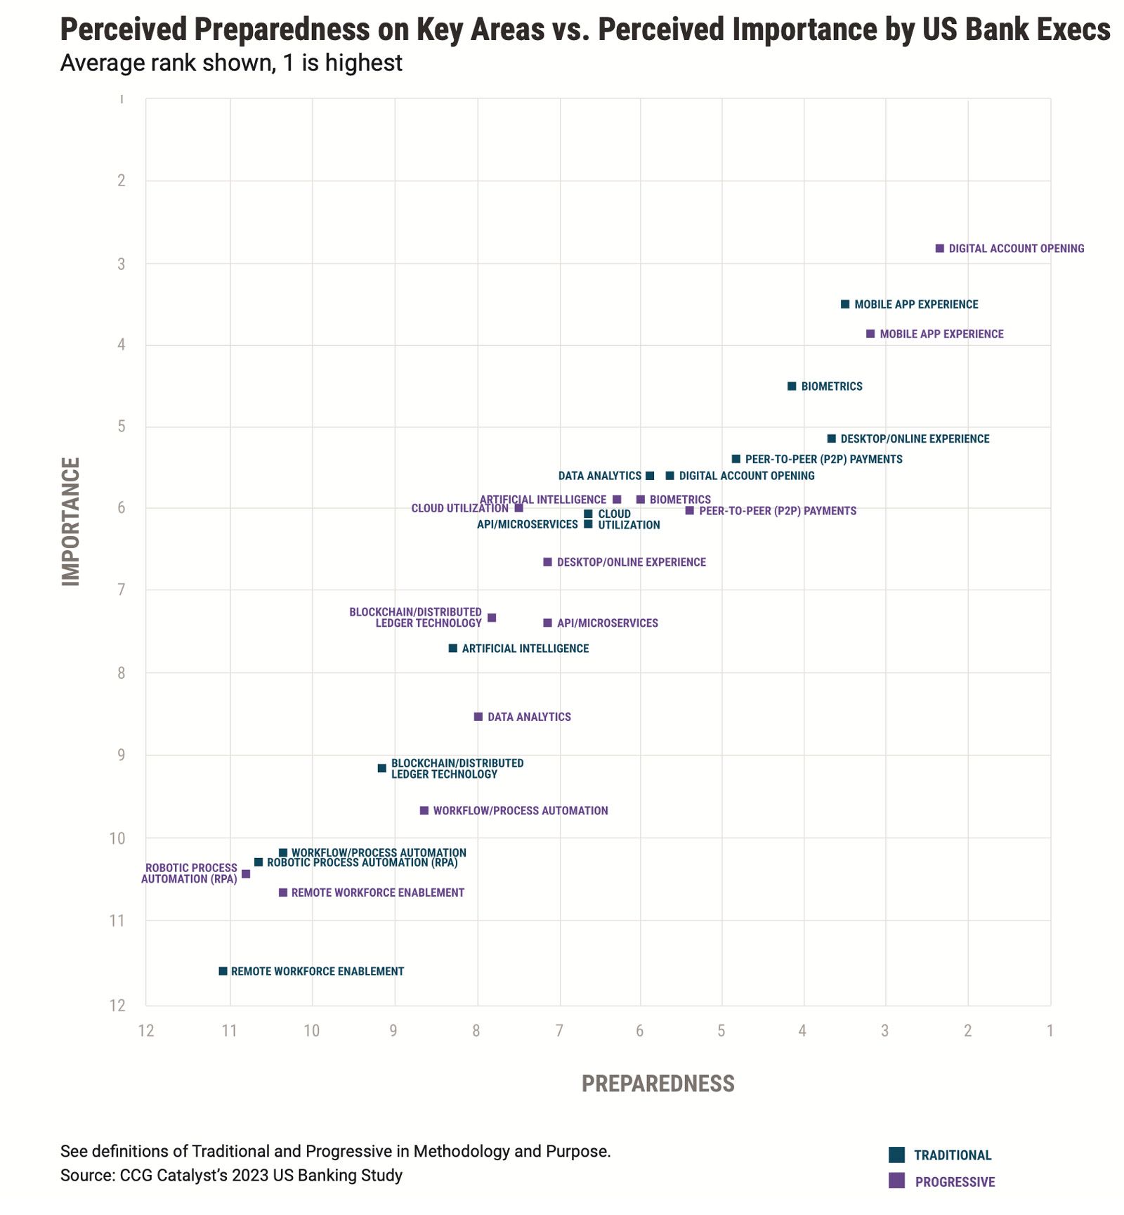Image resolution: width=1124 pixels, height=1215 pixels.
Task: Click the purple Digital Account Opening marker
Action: [940, 249]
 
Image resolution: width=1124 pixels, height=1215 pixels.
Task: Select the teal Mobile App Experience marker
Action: [845, 304]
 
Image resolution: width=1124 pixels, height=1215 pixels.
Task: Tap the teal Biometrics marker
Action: [792, 386]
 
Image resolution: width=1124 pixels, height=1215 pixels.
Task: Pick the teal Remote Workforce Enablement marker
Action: [223, 971]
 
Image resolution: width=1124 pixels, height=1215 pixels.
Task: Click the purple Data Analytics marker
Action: [478, 717]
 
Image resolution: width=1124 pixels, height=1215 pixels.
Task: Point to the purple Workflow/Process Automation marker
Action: [424, 811]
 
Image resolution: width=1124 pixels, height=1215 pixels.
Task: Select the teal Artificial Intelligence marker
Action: [453, 649]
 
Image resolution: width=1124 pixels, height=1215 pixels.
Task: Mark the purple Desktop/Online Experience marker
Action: [548, 562]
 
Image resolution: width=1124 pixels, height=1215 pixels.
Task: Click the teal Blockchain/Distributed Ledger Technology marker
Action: [382, 768]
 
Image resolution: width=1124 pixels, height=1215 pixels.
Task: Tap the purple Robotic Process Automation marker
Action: [246, 874]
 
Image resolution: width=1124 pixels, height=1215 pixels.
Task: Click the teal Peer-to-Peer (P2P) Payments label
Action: [823, 460]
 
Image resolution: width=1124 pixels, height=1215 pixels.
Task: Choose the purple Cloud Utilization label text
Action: [459, 509]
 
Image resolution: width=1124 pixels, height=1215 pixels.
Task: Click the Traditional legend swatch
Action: [896, 1155]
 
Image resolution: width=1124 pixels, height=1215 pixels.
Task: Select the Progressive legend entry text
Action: [955, 1182]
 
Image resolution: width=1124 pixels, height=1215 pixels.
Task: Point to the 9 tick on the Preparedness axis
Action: [393, 1031]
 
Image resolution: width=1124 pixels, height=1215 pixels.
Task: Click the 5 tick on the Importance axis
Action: [122, 427]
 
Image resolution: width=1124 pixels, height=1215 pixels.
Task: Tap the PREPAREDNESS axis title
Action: [658, 1084]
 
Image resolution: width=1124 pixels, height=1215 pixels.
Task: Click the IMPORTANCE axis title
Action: [71, 521]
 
